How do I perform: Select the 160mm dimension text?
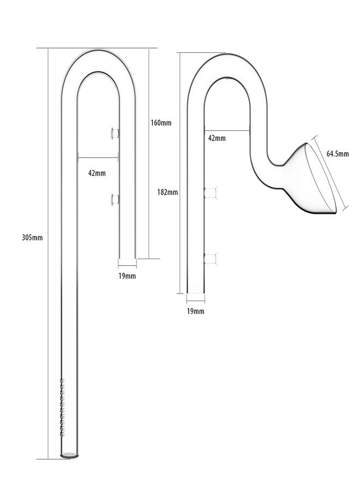[161, 122]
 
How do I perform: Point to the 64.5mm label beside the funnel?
[337, 154]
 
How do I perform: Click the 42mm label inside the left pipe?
[97, 173]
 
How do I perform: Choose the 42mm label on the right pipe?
[217, 138]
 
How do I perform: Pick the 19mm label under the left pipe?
[127, 276]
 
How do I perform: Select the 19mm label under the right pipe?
[195, 311]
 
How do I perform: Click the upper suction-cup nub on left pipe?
[115, 132]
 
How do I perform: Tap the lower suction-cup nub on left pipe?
[115, 199]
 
